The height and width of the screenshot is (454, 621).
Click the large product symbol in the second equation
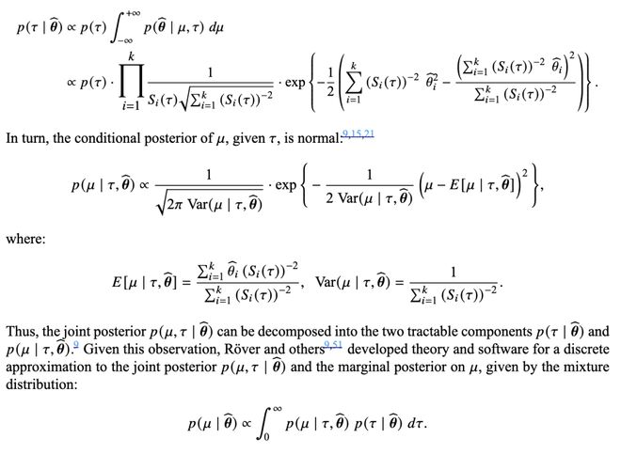pos(132,83)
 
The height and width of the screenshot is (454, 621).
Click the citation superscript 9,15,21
pos(358,133)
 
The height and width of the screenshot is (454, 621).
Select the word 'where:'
pos(25,240)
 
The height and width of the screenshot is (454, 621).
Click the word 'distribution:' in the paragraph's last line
pos(41,384)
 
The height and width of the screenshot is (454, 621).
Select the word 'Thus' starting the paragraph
pos(20,332)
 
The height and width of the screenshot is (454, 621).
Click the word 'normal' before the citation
pos(319,138)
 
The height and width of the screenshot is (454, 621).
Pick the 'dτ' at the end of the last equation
pos(416,424)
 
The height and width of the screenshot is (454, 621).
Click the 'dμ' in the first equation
pos(215,27)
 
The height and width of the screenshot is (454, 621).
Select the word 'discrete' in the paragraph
pos(587,349)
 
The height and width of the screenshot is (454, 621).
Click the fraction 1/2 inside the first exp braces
pos(331,83)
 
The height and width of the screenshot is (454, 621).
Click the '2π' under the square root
pos(175,205)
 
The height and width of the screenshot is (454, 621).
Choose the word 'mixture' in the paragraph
pos(588,367)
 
